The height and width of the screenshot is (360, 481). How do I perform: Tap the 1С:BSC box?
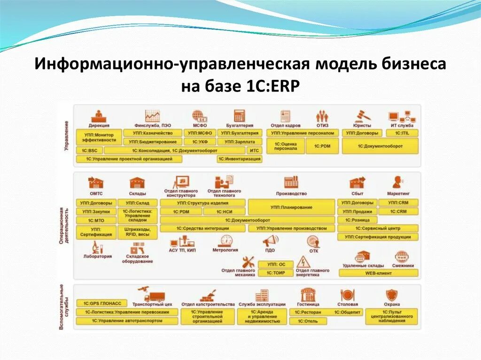click(x=89, y=151)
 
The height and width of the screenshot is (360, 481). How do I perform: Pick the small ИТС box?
click(x=254, y=151)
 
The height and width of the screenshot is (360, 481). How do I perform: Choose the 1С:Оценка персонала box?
click(x=286, y=146)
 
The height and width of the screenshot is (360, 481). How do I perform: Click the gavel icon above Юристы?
click(x=362, y=115)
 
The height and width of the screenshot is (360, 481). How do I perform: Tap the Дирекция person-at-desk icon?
click(x=99, y=115)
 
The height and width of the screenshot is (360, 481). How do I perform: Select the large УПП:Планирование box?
click(x=291, y=207)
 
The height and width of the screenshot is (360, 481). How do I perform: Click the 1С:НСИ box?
click(x=225, y=212)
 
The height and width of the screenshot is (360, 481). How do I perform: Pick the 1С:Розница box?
click(x=357, y=220)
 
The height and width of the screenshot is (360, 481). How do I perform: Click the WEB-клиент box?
click(x=378, y=273)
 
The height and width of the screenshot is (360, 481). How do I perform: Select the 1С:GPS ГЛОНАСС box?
click(x=99, y=303)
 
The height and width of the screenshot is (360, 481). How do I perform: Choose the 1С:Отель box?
click(x=307, y=321)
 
